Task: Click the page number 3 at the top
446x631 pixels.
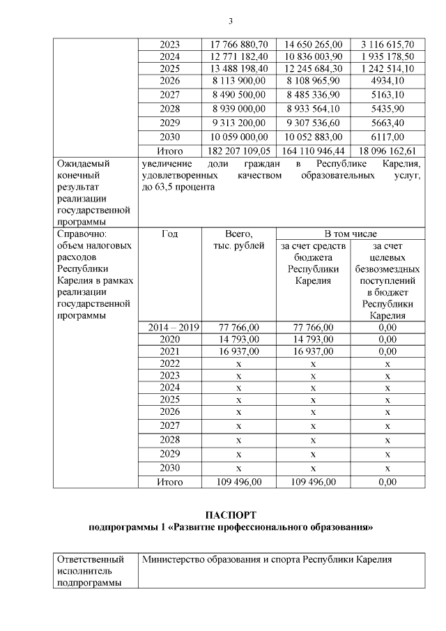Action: (230, 19)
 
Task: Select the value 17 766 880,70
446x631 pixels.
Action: (238, 43)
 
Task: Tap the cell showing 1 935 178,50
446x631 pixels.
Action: (387, 56)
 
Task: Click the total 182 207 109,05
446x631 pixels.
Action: (238, 150)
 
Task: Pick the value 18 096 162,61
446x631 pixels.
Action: (387, 150)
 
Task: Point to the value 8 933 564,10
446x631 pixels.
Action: (313, 109)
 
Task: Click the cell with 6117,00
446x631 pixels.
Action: (387, 137)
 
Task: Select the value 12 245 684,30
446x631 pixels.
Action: (313, 68)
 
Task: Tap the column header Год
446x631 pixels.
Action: (169, 234)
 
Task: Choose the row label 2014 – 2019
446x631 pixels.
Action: (169, 326)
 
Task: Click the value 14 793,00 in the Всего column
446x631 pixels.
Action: (238, 339)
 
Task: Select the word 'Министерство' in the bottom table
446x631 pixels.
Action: (174, 559)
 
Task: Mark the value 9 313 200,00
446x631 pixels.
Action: (238, 123)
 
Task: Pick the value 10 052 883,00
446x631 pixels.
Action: (313, 137)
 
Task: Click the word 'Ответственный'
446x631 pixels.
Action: (90, 559)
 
